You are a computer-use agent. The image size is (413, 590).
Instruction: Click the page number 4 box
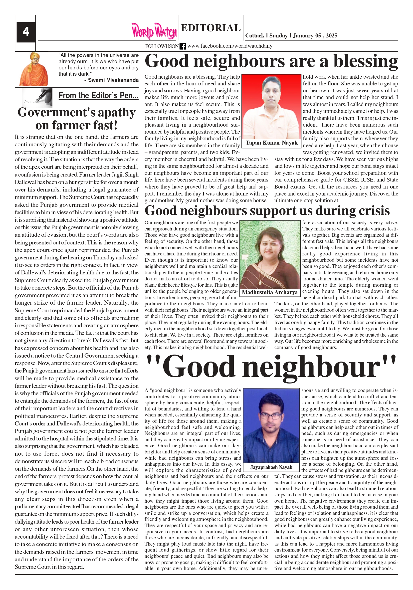[x=26, y=32]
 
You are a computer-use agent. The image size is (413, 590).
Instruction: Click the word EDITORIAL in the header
[x=210, y=28]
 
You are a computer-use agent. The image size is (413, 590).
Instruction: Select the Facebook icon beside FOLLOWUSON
[x=183, y=46]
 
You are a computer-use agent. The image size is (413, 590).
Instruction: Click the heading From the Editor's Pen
[x=98, y=96]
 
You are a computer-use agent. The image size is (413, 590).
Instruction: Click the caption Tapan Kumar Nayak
[x=272, y=143]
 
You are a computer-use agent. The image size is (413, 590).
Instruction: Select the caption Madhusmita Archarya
[x=270, y=292]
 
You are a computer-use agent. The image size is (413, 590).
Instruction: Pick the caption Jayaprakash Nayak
[x=271, y=467]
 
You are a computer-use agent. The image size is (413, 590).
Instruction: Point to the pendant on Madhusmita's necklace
[x=260, y=282]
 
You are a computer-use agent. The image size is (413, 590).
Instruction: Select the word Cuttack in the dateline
[x=254, y=36]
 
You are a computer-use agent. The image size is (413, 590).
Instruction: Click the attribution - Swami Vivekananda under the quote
[x=111, y=80]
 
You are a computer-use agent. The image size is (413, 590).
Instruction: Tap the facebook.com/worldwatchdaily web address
[x=229, y=46]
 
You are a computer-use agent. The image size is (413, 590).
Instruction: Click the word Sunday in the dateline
[x=278, y=36]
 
